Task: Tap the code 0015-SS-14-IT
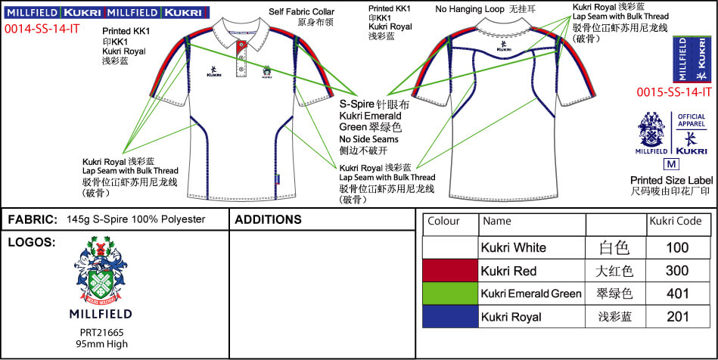pyautogui.click(x=674, y=92)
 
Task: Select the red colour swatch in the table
pyautogui.click(x=451, y=271)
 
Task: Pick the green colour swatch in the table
pyautogui.click(x=451, y=293)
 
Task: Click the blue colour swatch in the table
pyautogui.click(x=451, y=317)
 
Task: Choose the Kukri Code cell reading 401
pyautogui.click(x=677, y=293)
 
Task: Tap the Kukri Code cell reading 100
pyautogui.click(x=677, y=248)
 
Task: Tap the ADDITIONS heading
pyautogui.click(x=269, y=220)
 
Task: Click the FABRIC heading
pyautogui.click(x=33, y=220)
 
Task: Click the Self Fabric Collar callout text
pyautogui.click(x=301, y=13)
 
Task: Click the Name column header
pyautogui.click(x=497, y=222)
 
